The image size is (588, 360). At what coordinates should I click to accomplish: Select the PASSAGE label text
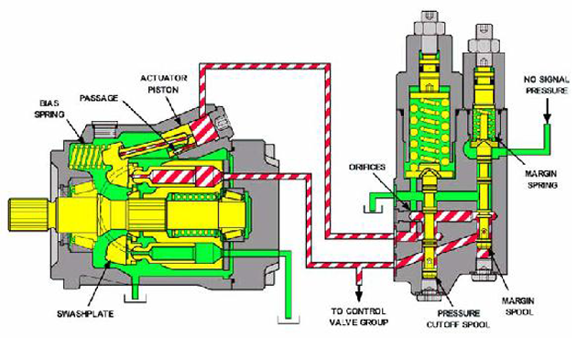pyautogui.click(x=98, y=95)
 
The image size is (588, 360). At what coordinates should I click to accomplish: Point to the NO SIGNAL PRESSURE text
pyautogui.click(x=548, y=88)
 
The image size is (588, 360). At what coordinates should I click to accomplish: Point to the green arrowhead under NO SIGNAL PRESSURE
pyautogui.click(x=545, y=119)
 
